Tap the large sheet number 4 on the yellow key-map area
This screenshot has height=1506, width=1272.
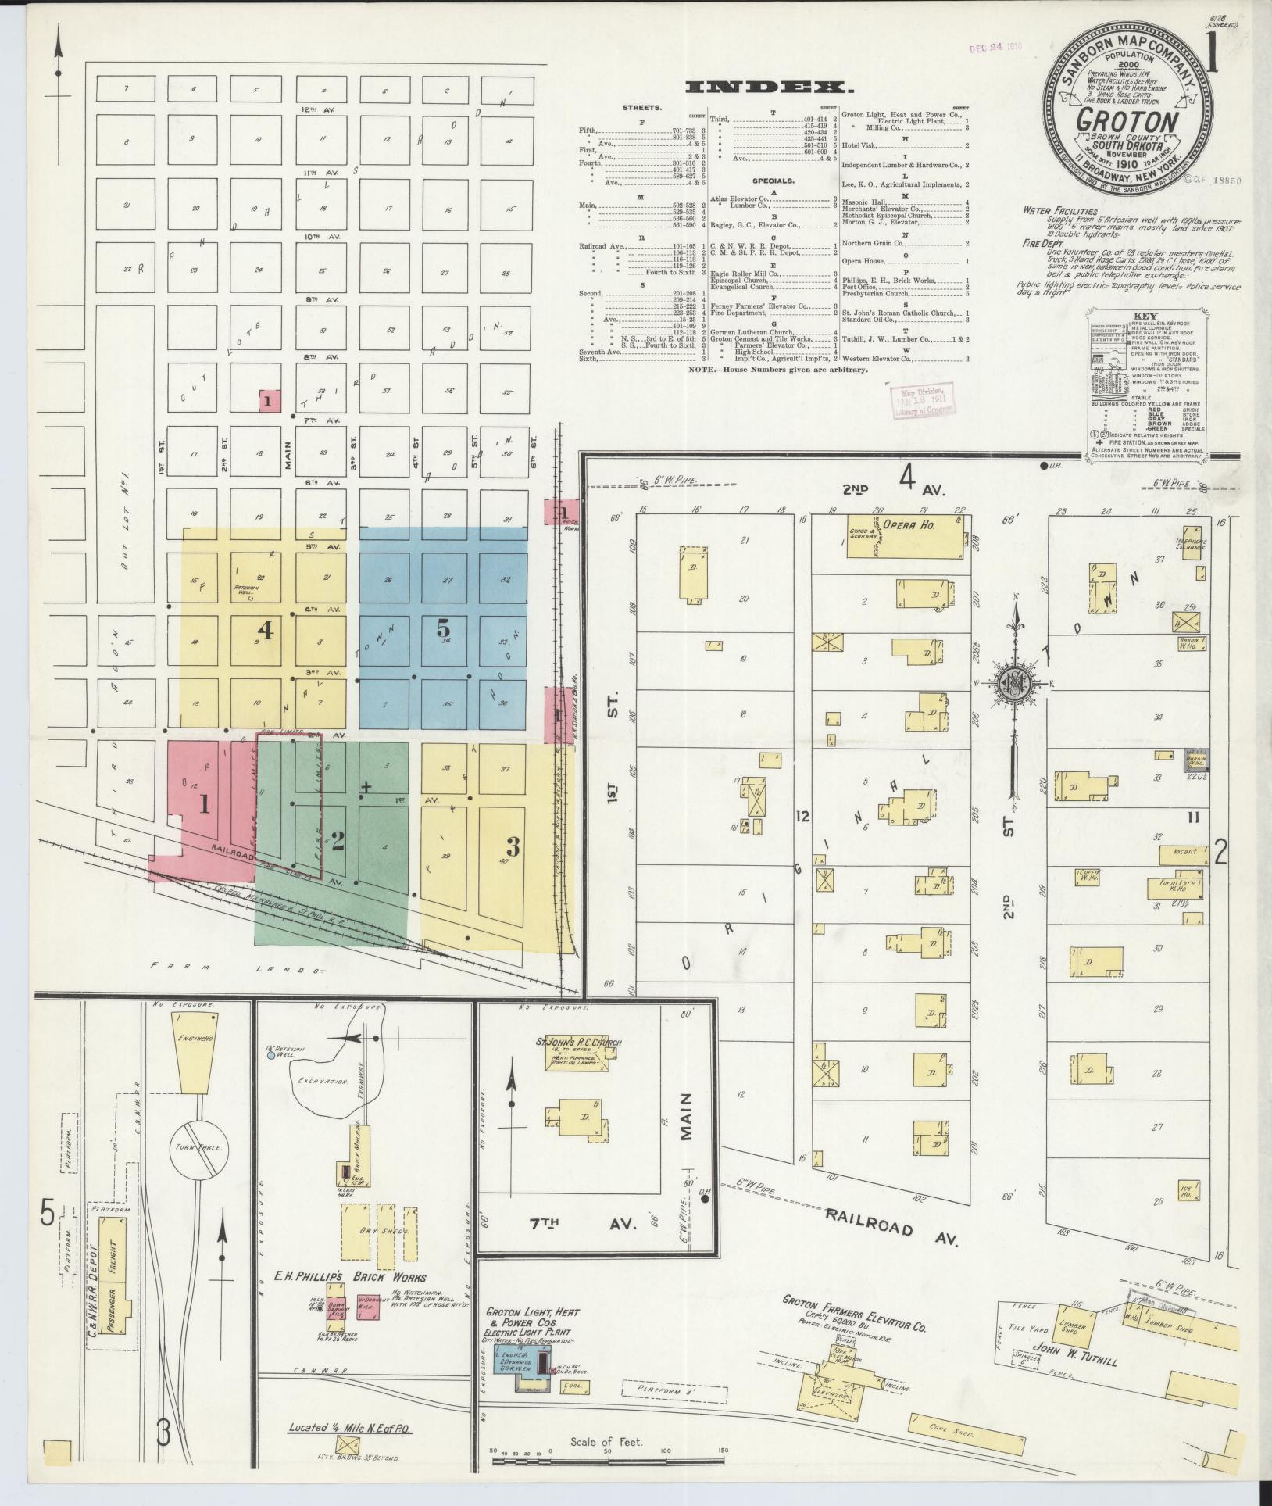tap(266, 630)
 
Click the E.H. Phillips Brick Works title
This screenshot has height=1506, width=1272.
tap(349, 1275)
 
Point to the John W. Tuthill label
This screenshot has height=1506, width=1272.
tap(1075, 1361)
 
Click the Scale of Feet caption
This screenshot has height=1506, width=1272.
tap(606, 1441)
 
